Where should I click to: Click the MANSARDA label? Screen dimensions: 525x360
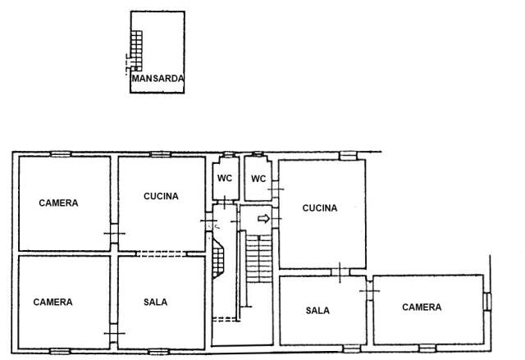[x=157, y=79]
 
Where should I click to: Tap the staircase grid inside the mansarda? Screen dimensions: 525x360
[x=136, y=51]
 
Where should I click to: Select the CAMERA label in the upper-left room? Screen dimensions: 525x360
[x=58, y=203]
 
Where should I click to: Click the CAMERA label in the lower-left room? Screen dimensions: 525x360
[x=52, y=302]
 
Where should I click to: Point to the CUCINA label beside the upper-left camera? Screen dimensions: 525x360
[x=161, y=196]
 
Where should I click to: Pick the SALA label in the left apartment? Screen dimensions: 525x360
[x=156, y=302]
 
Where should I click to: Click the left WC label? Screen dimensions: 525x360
[x=225, y=178]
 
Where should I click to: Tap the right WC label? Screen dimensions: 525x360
[x=258, y=179]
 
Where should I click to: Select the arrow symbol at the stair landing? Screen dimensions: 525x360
[x=264, y=219]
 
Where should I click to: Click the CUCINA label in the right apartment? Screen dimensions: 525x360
[x=320, y=208]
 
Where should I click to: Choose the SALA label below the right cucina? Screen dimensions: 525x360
[x=317, y=311]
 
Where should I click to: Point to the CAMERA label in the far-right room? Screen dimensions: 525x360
[x=422, y=308]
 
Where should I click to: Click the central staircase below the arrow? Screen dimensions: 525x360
[x=259, y=258]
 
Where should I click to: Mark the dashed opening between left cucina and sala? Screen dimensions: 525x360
[x=161, y=253]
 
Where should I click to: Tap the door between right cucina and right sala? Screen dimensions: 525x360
[x=340, y=272]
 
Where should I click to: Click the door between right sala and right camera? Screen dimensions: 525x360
[x=369, y=291]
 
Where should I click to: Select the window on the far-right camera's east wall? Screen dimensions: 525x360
[x=488, y=302]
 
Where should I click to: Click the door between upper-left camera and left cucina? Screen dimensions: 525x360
[x=115, y=233]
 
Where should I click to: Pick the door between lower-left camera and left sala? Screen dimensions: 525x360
[x=114, y=333]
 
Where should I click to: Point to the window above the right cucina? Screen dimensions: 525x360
[x=348, y=156]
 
